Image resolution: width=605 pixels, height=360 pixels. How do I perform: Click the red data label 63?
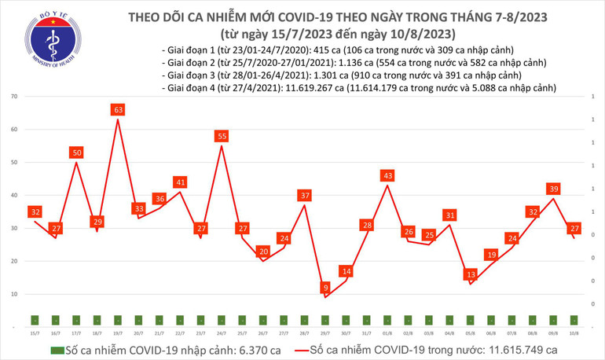(118, 111)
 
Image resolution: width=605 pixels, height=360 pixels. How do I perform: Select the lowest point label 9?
(324, 288)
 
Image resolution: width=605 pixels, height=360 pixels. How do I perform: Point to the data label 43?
(387, 175)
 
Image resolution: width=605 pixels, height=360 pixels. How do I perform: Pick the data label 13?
(470, 274)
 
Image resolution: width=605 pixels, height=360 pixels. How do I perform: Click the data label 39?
(553, 189)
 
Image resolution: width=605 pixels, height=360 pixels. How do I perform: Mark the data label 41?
(180, 182)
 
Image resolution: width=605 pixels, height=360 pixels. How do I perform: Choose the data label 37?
(304, 195)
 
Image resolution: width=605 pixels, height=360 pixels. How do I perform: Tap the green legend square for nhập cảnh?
(57, 349)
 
